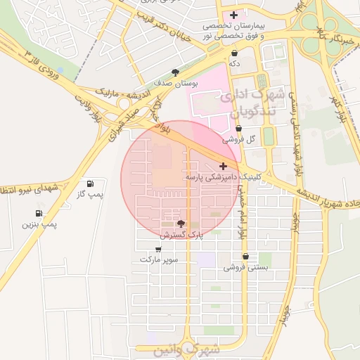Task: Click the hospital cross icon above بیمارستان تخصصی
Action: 234,15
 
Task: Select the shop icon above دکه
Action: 234,53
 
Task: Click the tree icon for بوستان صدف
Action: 175,72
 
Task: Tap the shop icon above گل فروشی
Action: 239,129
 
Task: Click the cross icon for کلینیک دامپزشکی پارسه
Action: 224,167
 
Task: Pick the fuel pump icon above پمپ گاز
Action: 90,184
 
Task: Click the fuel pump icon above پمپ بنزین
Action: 38,213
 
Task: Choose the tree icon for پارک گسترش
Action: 181,224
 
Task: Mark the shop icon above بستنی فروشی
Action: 245,256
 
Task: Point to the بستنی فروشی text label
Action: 243,268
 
